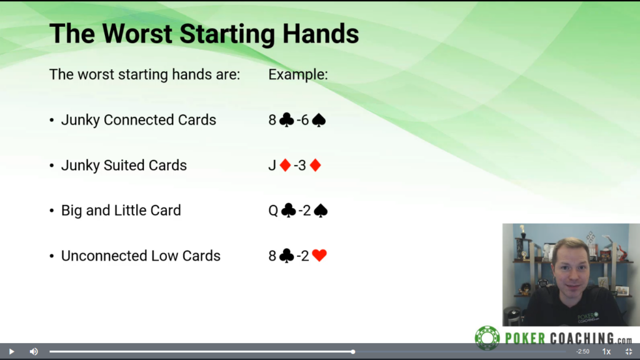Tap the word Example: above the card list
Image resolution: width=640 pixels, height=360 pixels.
point(298,74)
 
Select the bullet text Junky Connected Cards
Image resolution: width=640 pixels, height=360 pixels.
point(138,120)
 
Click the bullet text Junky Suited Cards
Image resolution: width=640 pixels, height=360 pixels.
point(124,165)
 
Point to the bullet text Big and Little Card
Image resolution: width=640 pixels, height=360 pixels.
point(121,211)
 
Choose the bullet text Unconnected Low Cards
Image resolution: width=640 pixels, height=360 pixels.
point(141,256)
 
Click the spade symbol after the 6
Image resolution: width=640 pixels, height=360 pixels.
point(319,120)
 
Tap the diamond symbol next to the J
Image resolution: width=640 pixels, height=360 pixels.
point(285,165)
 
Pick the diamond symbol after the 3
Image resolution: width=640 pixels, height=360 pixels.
point(315,165)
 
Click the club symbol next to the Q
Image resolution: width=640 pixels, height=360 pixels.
point(289,210)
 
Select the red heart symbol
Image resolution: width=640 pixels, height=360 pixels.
point(319,256)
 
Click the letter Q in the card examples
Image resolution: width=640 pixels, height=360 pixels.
point(273,211)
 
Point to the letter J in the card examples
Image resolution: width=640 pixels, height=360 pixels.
point(272,165)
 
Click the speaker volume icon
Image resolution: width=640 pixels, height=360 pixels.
point(34,351)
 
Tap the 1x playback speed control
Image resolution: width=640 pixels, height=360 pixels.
point(606,351)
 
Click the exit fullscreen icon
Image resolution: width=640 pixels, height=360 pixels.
point(629,351)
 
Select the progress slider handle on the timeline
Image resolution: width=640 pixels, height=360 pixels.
point(353,351)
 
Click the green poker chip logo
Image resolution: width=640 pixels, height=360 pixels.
point(487,338)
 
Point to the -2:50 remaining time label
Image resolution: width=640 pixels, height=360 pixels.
point(583,351)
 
